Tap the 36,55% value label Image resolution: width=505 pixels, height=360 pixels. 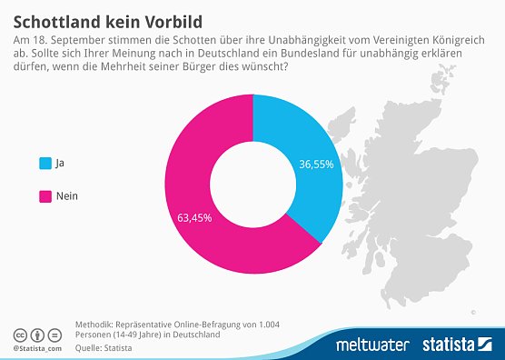pos(317,165)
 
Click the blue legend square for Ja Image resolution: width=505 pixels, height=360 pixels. pos(45,164)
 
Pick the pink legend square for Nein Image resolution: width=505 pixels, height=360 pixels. pos(45,195)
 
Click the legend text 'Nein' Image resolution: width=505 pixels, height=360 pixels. pos(67,195)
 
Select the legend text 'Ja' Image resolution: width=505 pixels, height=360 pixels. pos(60,164)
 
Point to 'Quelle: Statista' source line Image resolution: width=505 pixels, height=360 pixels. pos(103,347)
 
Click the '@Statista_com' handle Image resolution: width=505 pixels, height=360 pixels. pos(37,347)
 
